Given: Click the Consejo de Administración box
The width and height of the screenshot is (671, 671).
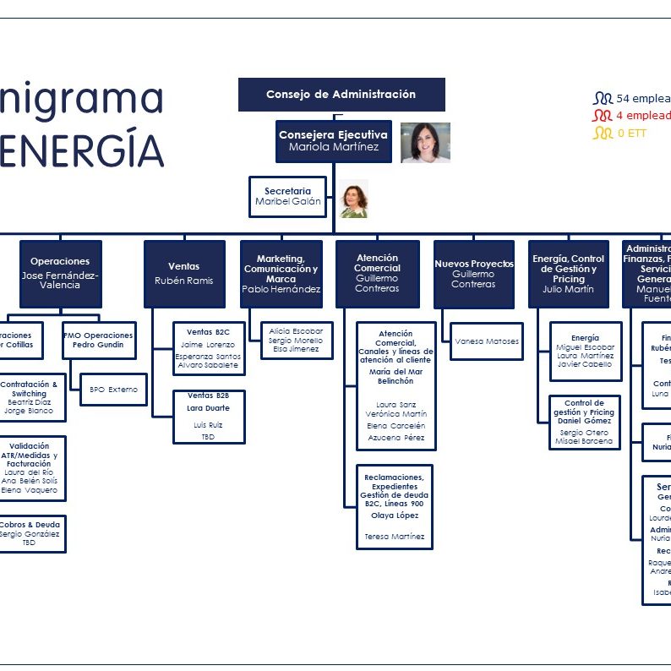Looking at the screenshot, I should click(341, 95).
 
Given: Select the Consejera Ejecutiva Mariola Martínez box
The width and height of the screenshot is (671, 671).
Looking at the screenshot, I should click(333, 141).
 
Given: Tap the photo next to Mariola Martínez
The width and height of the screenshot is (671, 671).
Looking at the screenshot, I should click(425, 142).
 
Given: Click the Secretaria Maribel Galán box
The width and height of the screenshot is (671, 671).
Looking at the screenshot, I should click(287, 196).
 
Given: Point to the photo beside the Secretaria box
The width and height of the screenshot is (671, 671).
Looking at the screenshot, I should click(354, 199).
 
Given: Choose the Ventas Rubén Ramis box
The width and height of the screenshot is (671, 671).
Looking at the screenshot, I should click(184, 274).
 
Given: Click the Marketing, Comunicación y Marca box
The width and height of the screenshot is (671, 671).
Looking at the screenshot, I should click(281, 274).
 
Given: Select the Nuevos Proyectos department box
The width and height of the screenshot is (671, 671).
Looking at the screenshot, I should click(473, 274).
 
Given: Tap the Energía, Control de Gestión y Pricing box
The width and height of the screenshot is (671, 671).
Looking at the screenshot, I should click(569, 274).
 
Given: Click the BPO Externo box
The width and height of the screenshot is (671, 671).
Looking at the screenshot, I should click(113, 390).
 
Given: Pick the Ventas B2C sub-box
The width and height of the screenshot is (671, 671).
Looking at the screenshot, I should click(208, 348).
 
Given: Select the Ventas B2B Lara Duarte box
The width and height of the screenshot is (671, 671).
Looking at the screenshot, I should click(209, 416).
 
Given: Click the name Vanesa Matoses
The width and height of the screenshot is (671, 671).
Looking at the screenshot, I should click(487, 341).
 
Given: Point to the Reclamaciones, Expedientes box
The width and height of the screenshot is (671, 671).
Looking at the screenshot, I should click(393, 506).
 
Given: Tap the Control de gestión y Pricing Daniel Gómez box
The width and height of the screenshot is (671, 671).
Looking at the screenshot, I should click(584, 423).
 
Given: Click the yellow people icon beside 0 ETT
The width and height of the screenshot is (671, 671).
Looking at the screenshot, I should click(603, 133).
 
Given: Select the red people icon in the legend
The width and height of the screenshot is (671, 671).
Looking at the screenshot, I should click(602, 116).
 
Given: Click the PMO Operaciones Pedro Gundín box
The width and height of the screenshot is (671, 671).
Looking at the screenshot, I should click(99, 340).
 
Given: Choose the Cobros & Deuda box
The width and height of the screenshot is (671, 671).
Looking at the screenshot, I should click(30, 533).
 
